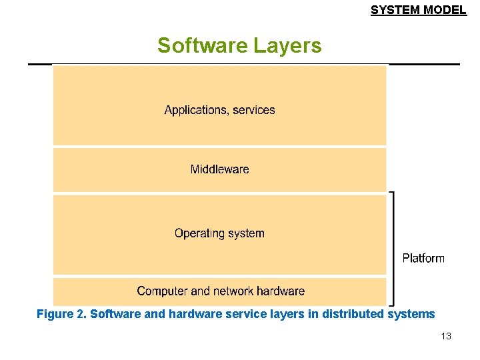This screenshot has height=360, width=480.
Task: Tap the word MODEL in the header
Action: point(445,10)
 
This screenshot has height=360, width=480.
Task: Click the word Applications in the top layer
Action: point(195,110)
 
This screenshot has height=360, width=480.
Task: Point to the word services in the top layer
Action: point(254,110)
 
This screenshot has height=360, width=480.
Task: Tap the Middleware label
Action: point(219,169)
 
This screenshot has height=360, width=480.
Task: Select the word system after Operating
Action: point(246,233)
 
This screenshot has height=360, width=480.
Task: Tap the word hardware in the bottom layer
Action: point(281,291)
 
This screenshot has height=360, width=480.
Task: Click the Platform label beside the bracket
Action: point(423,258)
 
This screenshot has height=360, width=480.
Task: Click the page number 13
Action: point(446,337)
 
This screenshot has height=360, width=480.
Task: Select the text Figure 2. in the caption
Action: point(61,314)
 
